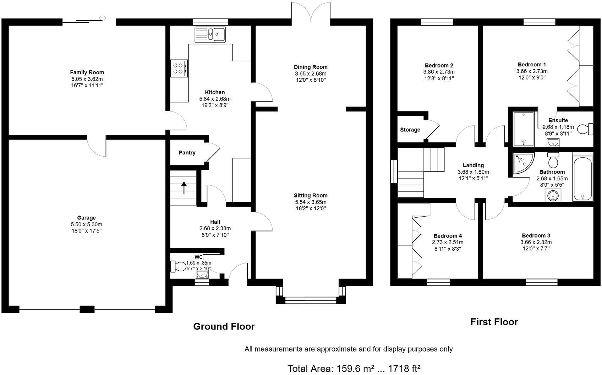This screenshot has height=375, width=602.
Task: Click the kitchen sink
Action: point(210,34)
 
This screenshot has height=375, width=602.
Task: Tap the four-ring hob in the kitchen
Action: point(179,68)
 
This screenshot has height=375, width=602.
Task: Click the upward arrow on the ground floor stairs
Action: point(184,187)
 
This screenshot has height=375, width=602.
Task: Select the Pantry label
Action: point(187,153)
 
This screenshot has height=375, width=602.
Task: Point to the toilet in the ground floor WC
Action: point(178,266)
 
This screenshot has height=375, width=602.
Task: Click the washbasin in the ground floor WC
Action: point(202,274)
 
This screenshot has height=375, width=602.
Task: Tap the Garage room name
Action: point(86,218)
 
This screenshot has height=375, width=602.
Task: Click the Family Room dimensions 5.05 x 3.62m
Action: point(87,79)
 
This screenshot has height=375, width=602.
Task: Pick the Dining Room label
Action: point(310,67)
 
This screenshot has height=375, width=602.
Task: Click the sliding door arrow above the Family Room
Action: point(102,18)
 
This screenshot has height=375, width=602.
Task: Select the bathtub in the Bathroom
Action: point(582,179)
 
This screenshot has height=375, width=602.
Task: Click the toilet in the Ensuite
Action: point(585,129)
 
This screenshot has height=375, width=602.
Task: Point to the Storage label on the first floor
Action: point(410,130)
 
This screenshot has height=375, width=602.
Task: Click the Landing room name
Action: point(473,165)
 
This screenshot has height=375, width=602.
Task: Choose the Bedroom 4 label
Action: point(448,236)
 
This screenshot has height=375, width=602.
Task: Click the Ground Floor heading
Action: point(224,326)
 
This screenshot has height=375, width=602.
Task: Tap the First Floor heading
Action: point(494,322)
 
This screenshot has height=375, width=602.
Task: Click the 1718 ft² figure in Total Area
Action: point(404,369)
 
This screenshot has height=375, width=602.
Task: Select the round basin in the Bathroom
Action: point(553,195)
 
